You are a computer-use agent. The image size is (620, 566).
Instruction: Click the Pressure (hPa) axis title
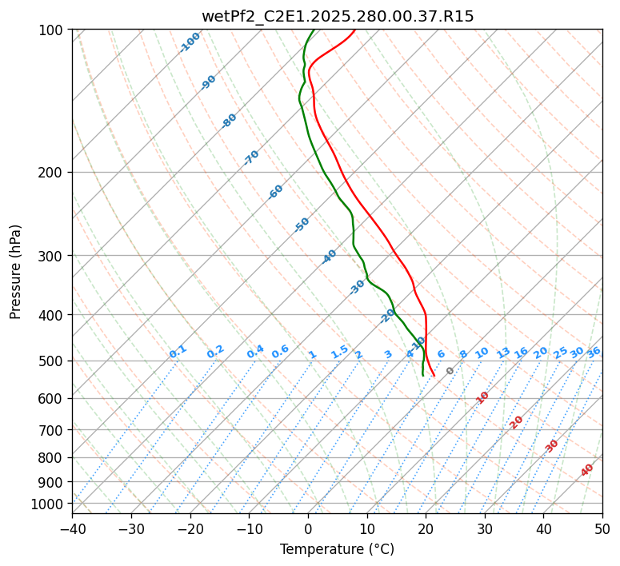coord(15,271)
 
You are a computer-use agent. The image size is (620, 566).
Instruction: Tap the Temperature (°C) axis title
coord(337,549)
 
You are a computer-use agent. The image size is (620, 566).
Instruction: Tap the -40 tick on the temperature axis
coord(72,528)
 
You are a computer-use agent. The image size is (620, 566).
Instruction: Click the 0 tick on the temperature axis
coord(308,528)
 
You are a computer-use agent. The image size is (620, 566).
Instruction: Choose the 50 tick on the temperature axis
coord(602,528)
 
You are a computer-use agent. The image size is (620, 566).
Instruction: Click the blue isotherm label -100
coord(190,42)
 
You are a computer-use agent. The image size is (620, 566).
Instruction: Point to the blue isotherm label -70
coord(251,157)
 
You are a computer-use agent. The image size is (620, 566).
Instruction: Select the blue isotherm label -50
coord(302,225)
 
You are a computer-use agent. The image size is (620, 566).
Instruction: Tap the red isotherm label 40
coord(587,470)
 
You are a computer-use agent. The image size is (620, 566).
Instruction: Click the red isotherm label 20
coord(517,421)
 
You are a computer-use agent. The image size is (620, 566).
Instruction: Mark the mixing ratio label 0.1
coord(178,352)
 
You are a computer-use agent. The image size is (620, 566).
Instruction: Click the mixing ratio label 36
coord(594,352)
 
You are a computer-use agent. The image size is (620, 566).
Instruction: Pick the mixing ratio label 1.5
coord(339,352)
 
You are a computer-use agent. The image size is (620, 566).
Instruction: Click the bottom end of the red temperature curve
coord(434,375)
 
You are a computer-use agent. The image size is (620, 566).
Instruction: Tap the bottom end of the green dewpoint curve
coord(422,375)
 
